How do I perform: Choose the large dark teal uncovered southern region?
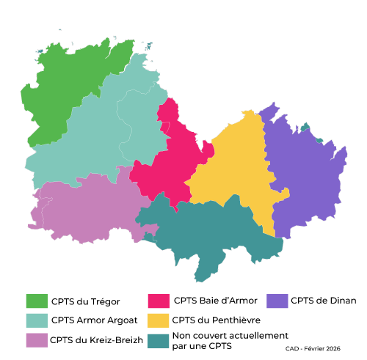click(x=213, y=235)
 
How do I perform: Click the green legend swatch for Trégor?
click(x=37, y=301)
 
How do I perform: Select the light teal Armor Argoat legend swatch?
click(x=37, y=320)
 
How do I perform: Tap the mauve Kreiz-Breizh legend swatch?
click(x=37, y=340)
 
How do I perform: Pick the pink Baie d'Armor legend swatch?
click(x=159, y=301)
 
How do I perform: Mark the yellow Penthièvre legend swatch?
click(x=159, y=320)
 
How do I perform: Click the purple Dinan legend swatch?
click(x=276, y=301)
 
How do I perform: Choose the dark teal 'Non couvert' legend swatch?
click(x=159, y=341)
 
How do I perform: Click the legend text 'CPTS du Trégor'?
click(x=85, y=301)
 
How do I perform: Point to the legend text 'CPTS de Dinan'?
click(x=324, y=300)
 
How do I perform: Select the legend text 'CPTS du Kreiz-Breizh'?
click(x=98, y=340)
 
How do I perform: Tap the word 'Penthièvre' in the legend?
click(x=234, y=320)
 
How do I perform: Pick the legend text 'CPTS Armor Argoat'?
click(x=93, y=320)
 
